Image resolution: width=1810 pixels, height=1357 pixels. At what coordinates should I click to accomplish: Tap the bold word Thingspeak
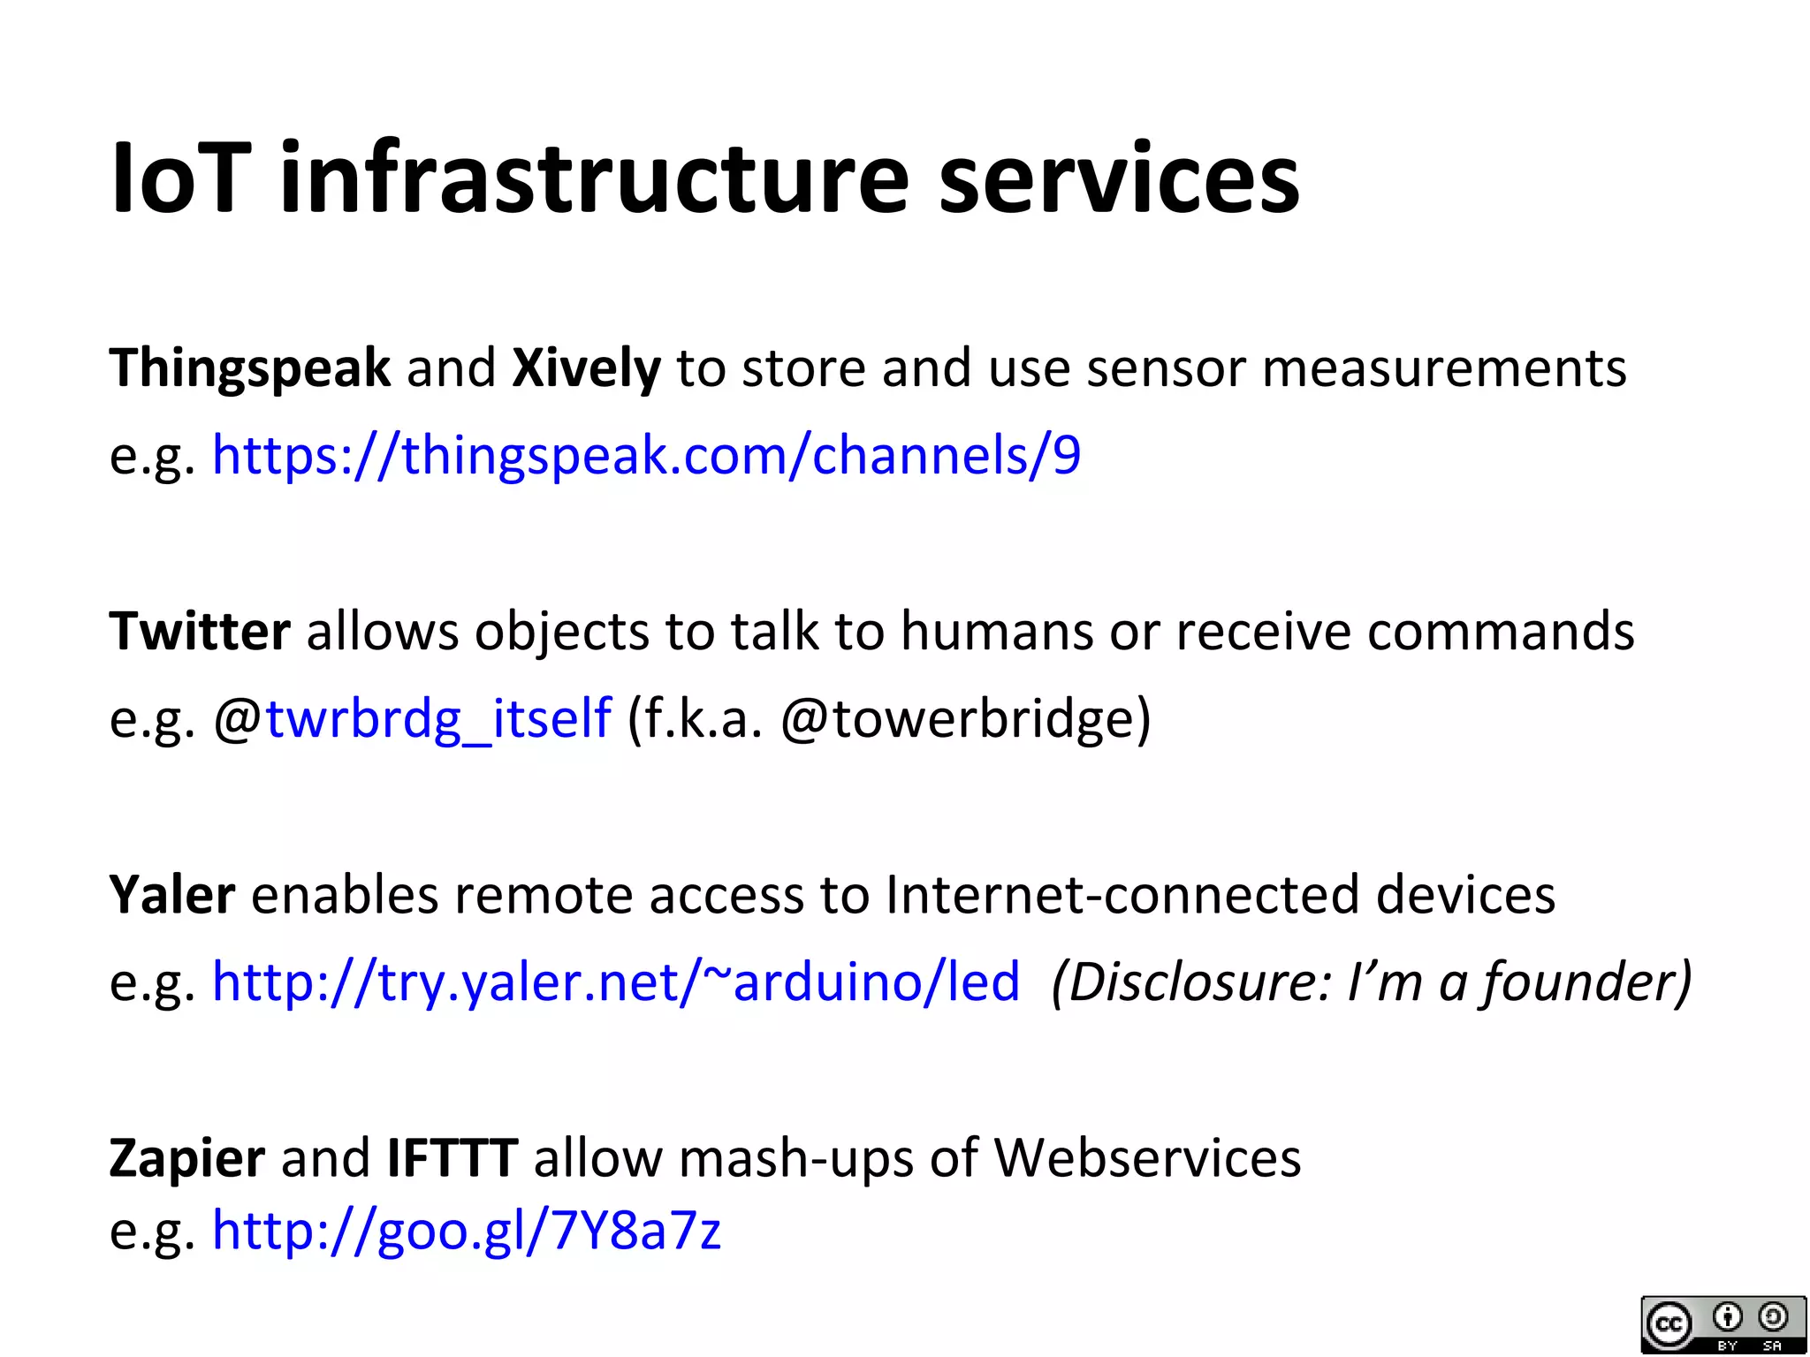coord(249,368)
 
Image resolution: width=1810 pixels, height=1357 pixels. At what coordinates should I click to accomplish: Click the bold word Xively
coord(586,368)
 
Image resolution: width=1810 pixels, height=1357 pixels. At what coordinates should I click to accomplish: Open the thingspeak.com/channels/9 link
coord(646,456)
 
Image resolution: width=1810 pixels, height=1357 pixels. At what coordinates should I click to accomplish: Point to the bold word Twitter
coord(200,632)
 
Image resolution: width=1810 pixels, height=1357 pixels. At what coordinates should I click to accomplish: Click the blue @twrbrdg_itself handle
coord(413,718)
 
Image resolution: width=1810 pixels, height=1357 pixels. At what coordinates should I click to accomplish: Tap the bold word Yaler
coord(172,895)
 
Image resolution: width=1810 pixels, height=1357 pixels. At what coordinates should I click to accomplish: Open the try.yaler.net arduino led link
coord(616,982)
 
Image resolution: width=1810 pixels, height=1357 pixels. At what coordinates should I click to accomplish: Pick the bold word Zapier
coord(186,1158)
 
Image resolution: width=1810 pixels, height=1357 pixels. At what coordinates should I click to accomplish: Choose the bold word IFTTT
coord(452,1158)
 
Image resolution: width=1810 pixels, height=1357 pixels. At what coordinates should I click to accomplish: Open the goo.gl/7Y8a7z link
coord(467,1230)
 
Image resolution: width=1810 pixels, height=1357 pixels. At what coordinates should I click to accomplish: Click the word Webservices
coord(1147,1158)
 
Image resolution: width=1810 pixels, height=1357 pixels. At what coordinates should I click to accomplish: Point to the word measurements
coord(1444,368)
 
